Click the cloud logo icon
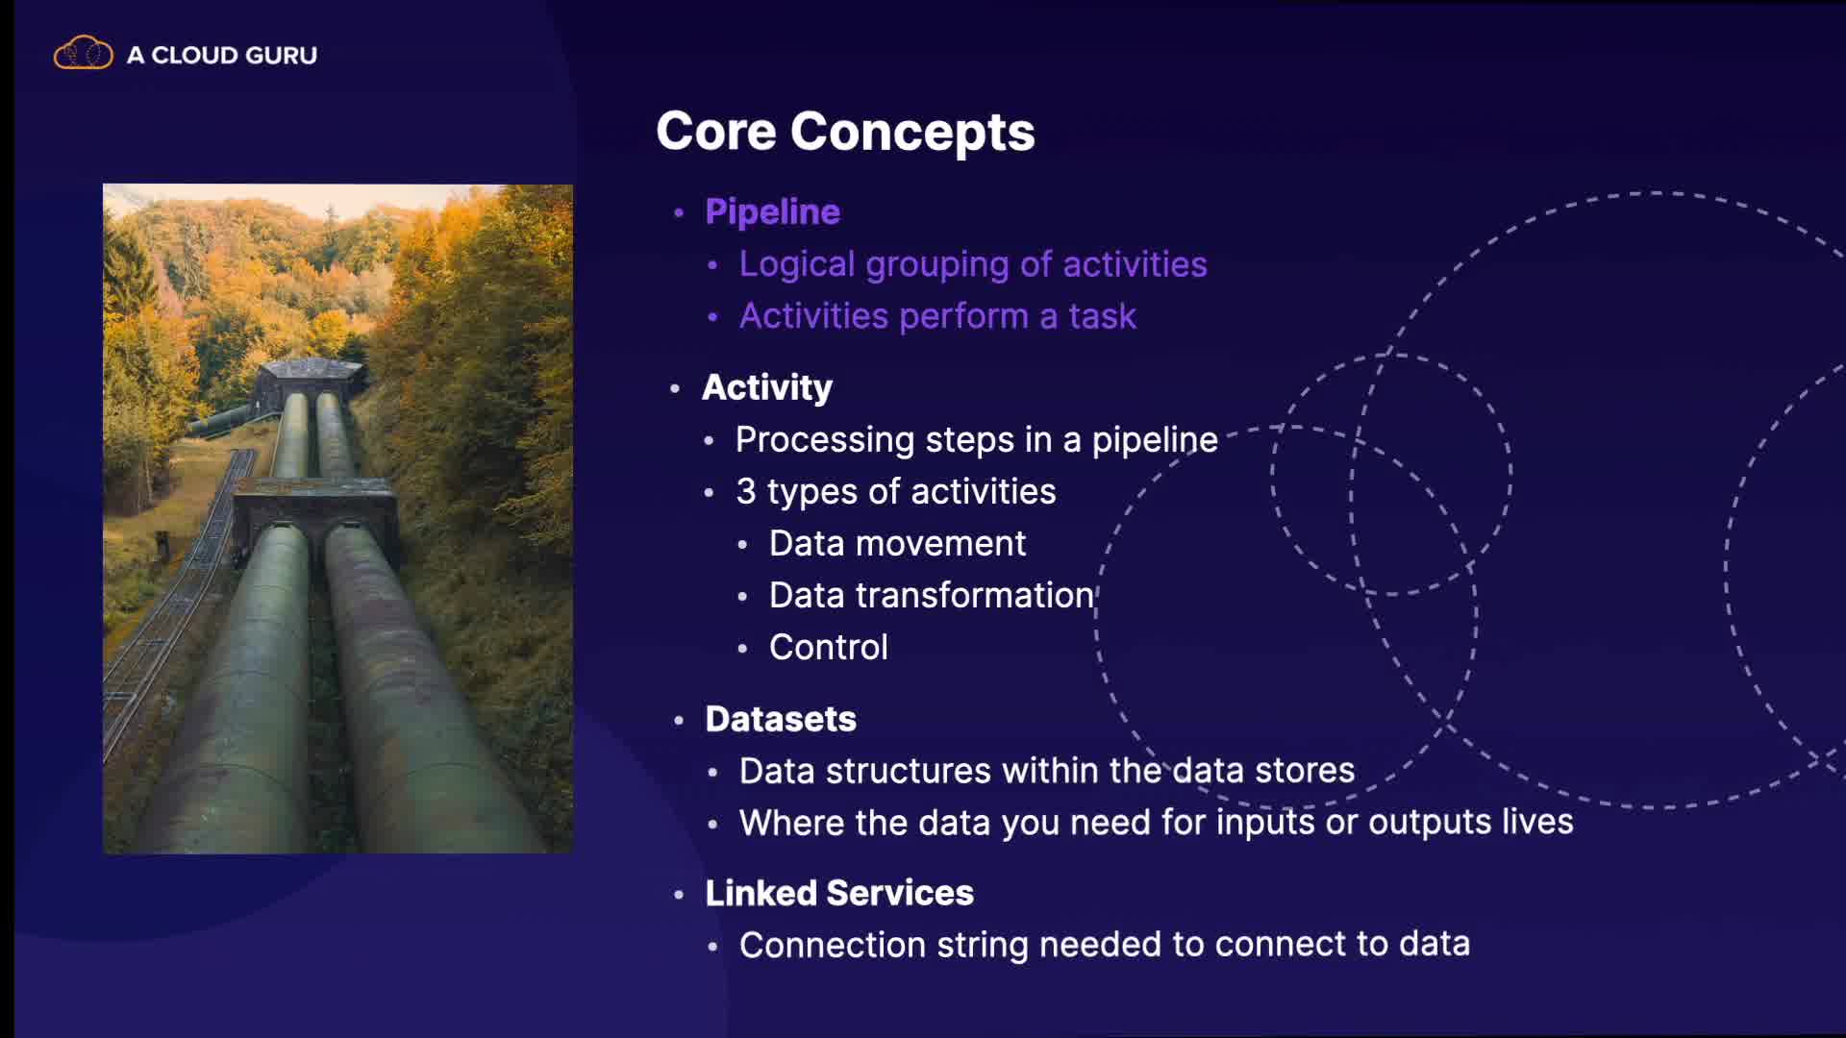(x=83, y=53)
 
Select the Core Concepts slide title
(x=845, y=132)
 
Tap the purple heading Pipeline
(x=772, y=211)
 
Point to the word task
(x=1103, y=316)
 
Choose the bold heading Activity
(x=767, y=387)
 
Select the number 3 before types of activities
(x=746, y=491)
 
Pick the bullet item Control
(x=828, y=648)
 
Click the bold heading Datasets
(x=781, y=719)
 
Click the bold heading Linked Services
(x=839, y=893)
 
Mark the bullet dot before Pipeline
(x=680, y=212)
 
